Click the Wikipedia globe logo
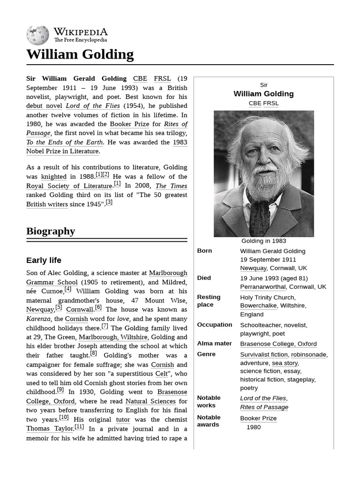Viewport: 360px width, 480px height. [37, 35]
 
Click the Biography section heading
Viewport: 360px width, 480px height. [51, 231]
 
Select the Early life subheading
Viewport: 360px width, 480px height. [44, 260]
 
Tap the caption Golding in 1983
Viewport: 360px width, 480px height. [263, 241]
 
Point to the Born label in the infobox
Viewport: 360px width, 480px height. [204, 251]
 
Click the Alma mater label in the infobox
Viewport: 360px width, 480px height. [214, 344]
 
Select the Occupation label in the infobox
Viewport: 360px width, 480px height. [214, 325]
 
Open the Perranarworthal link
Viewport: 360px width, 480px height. [263, 287]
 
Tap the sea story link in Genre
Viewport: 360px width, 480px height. [285, 363]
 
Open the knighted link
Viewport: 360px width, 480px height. [53, 177]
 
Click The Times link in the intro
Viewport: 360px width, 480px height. [171, 186]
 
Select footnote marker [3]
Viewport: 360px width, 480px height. [109, 202]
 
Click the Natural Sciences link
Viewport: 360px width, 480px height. [150, 401]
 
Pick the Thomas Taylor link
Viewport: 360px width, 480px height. [50, 428]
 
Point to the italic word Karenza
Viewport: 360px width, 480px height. [38, 319]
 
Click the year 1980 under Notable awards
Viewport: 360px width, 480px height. [254, 427]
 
